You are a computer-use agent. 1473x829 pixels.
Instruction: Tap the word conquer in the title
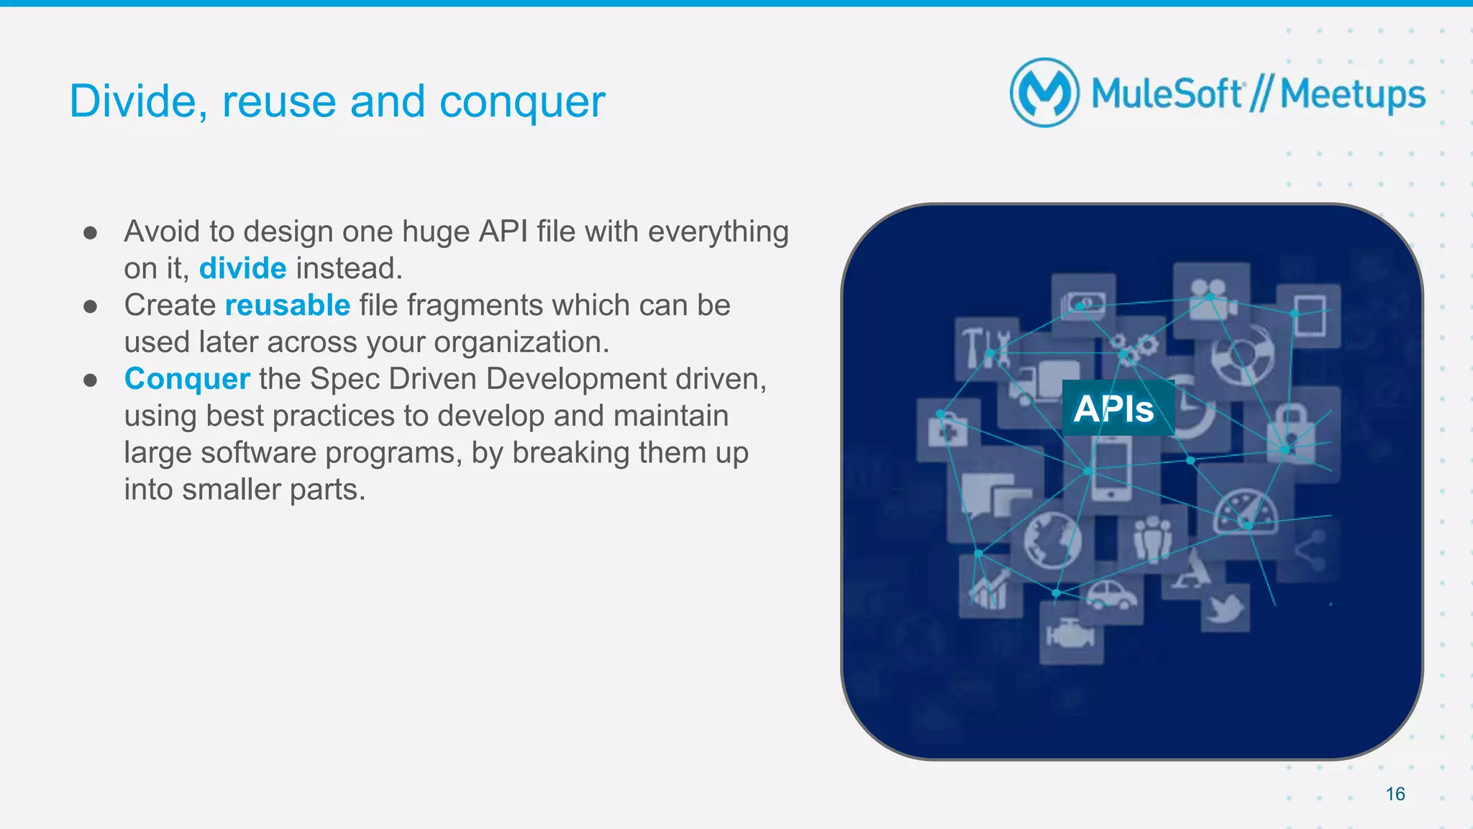(522, 101)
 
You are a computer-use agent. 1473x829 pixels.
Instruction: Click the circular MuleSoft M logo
(1044, 93)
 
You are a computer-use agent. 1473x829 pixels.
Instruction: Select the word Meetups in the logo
(1352, 95)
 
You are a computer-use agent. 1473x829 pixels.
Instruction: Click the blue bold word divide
(242, 268)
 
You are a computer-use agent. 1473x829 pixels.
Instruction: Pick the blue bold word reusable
(287, 305)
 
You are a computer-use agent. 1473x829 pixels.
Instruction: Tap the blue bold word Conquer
(187, 379)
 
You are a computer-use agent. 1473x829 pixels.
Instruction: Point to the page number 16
(1395, 794)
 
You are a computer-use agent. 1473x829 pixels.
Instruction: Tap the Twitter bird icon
(1225, 608)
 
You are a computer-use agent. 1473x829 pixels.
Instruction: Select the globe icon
(1052, 539)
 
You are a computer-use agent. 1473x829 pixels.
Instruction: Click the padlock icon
(1292, 427)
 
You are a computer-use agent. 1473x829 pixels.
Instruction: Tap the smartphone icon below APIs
(1111, 471)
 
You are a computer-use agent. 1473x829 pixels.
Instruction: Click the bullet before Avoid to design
(90, 232)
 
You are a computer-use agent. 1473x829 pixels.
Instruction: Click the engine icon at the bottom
(1070, 634)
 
